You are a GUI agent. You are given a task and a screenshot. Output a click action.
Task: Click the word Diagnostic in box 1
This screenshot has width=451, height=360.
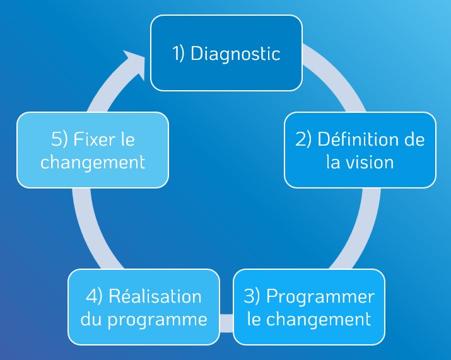tap(235, 54)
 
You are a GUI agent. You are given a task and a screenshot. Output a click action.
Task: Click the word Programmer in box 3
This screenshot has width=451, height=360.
tap(320, 296)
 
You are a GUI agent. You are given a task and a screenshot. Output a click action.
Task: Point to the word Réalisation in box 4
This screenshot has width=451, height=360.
tap(155, 296)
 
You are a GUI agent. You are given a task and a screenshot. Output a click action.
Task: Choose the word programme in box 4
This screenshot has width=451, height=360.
tap(157, 320)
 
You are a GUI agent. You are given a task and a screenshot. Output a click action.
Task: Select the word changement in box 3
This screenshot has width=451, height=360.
tap(319, 320)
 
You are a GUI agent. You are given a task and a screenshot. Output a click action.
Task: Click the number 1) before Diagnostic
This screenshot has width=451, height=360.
tap(178, 54)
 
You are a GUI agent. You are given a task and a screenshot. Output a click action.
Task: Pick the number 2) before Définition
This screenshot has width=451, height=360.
tap(303, 139)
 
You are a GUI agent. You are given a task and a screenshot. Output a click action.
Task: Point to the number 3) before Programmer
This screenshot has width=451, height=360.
tap(252, 296)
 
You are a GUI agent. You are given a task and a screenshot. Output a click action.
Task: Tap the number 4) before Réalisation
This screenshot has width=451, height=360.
tap(94, 296)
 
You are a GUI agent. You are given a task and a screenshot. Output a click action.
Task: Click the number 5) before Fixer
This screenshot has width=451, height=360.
tap(59, 139)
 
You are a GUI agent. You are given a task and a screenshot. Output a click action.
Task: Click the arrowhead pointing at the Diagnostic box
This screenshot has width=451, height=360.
tap(136, 62)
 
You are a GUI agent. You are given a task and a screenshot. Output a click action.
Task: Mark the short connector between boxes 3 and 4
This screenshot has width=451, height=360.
tap(226, 323)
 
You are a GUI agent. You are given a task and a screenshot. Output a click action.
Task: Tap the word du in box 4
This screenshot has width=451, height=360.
tap(91, 319)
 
